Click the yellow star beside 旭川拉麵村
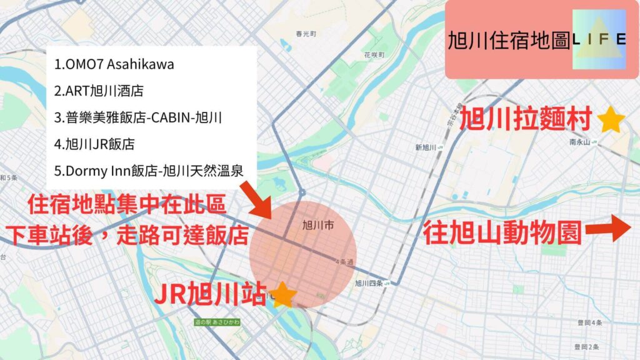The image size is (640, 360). click(x=611, y=120)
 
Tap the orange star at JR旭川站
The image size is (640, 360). click(x=282, y=294)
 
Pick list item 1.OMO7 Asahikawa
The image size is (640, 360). click(x=114, y=64)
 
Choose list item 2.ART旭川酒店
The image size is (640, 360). click(x=99, y=91)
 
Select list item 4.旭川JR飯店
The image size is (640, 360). click(x=94, y=143)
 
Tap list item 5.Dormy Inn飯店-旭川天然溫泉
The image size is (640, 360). click(x=149, y=169)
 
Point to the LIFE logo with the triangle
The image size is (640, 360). click(x=599, y=39)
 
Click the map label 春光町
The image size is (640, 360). click(x=307, y=33)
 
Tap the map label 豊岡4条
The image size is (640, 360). click(x=589, y=322)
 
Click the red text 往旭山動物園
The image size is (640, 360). click(x=502, y=234)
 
